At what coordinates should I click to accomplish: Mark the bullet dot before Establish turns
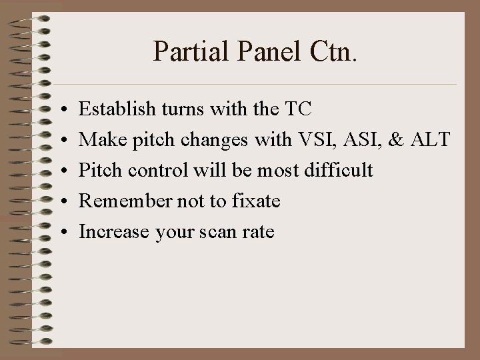pos(61,108)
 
